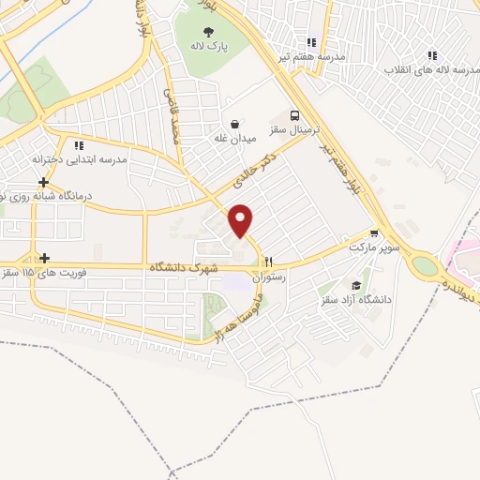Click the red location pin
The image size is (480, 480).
click(241, 219)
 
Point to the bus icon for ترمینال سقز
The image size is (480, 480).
click(296, 112)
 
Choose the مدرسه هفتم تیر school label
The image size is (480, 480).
click(310, 57)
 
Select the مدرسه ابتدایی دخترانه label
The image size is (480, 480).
click(79, 160)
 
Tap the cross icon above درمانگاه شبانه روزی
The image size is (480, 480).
click(43, 181)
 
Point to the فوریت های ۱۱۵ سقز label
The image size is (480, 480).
click(39, 273)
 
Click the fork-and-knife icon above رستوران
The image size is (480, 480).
click(269, 262)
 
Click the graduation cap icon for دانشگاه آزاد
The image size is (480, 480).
click(356, 285)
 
